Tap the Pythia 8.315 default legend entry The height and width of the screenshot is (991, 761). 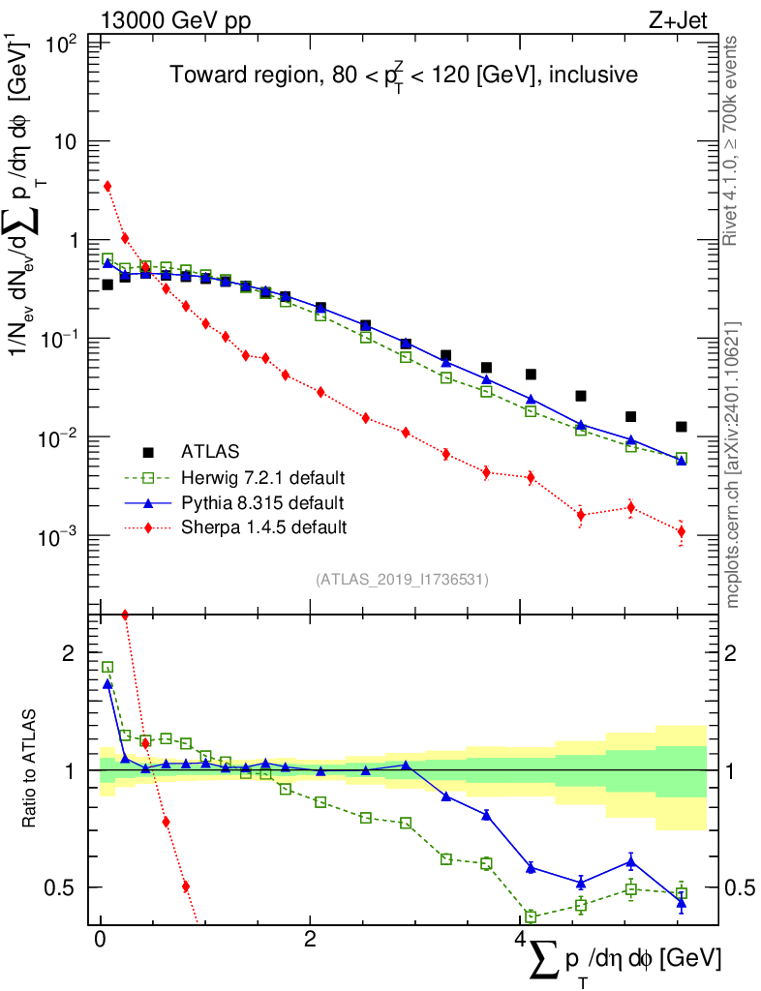[261, 502]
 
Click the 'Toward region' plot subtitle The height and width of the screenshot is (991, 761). [405, 75]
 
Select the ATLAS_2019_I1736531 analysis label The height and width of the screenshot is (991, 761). [402, 580]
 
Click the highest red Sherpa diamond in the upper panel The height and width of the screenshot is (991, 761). [107, 186]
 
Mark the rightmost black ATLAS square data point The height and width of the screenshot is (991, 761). [682, 427]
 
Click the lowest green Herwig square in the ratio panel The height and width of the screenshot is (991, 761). [531, 916]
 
